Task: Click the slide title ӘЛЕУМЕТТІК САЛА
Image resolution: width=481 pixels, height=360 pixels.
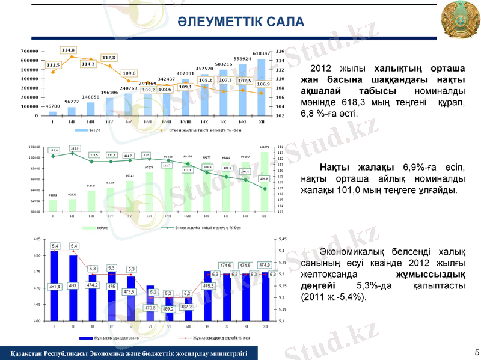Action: pos(240,23)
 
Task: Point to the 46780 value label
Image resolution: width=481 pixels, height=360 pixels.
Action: pos(52,106)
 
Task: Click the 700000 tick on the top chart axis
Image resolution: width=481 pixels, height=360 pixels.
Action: pos(29,51)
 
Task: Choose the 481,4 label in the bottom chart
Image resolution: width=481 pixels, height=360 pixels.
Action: pos(55,287)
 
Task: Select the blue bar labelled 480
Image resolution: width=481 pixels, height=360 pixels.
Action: pos(73,288)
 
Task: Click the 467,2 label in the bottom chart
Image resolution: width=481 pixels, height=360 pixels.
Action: pos(186,307)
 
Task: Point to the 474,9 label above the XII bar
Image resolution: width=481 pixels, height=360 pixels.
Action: pos(264,265)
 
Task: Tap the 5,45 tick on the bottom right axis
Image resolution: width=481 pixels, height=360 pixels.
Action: pos(282,239)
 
